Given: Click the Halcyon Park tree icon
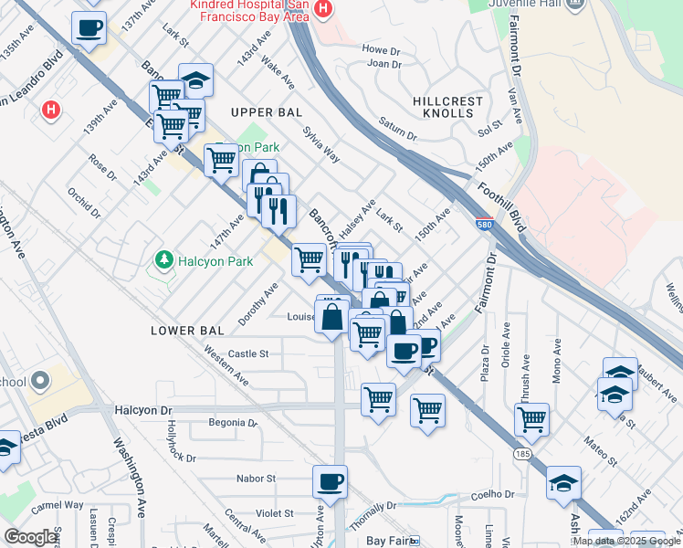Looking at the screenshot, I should (x=164, y=261).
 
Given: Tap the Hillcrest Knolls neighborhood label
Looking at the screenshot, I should (x=444, y=105).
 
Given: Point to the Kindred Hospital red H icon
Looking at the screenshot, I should (x=321, y=9).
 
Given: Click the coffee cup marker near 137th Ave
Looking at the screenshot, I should (x=89, y=28).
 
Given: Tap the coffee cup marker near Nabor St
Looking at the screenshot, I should (x=331, y=480).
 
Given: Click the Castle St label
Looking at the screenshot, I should (x=248, y=353).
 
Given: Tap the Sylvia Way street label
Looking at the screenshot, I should (x=321, y=145).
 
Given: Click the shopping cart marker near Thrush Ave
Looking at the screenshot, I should (x=531, y=420).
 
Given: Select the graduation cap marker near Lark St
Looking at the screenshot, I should (x=196, y=80).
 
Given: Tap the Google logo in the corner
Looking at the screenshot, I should (x=31, y=537).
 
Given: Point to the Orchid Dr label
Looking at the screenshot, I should (x=83, y=203).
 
